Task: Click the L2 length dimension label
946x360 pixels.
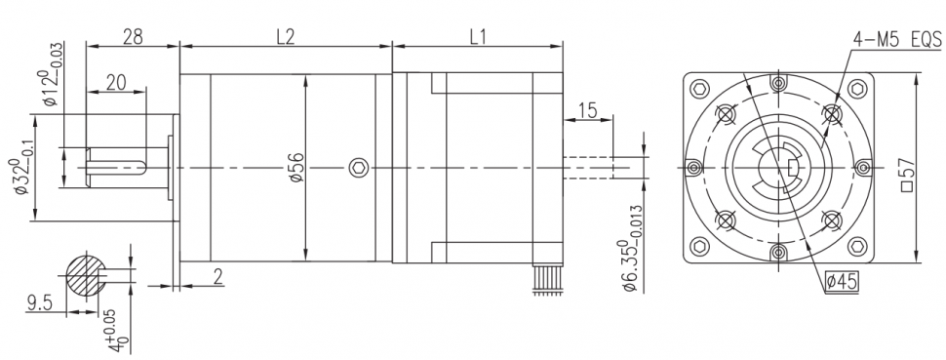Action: point(285,37)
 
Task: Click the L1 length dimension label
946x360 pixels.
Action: point(477,37)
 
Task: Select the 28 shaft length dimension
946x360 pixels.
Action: point(133,37)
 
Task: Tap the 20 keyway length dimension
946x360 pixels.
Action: point(116,83)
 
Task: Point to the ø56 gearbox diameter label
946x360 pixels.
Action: point(297,167)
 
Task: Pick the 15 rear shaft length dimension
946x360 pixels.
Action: point(587,110)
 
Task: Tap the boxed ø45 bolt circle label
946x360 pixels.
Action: point(842,282)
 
